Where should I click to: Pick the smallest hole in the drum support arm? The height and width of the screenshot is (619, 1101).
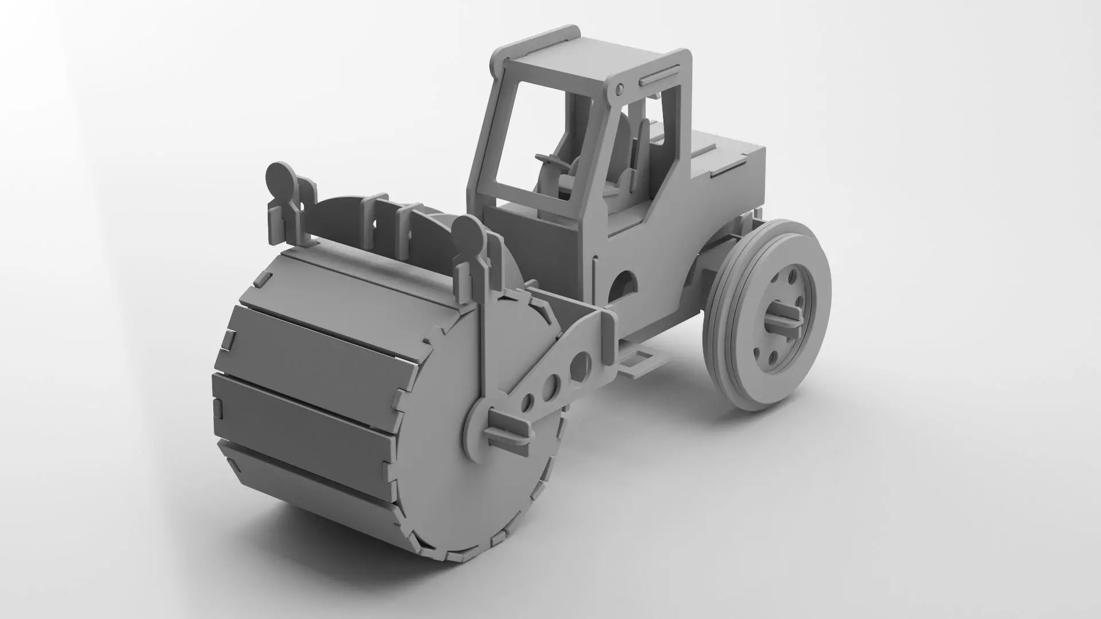pyautogui.click(x=529, y=402)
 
